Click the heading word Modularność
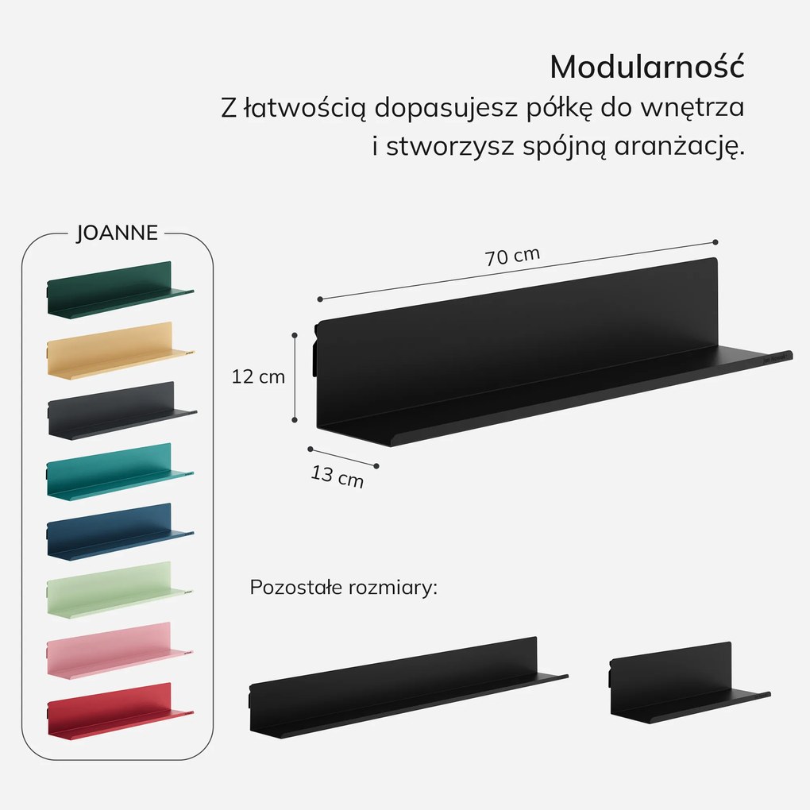pyautogui.click(x=646, y=67)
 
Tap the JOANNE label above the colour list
pyautogui.click(x=117, y=233)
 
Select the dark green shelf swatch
pyautogui.click(x=121, y=290)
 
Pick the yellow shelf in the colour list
pyautogui.click(x=121, y=351)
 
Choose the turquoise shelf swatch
pyautogui.click(x=121, y=472)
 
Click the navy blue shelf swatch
pyautogui.click(x=121, y=532)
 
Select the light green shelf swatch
pyautogui.click(x=120, y=590)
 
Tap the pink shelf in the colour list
pyautogui.click(x=120, y=650)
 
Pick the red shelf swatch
pyautogui.click(x=121, y=712)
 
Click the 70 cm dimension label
pyautogui.click(x=512, y=256)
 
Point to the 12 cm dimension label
pyautogui.click(x=258, y=377)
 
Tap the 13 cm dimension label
pyautogui.click(x=337, y=476)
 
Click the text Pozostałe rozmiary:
pyautogui.click(x=344, y=588)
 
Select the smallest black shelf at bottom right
pyautogui.click(x=689, y=682)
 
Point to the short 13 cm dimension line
pyautogui.click(x=344, y=457)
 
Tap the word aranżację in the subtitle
pyautogui.click(x=679, y=147)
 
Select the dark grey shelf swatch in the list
pyautogui.click(x=122, y=411)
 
